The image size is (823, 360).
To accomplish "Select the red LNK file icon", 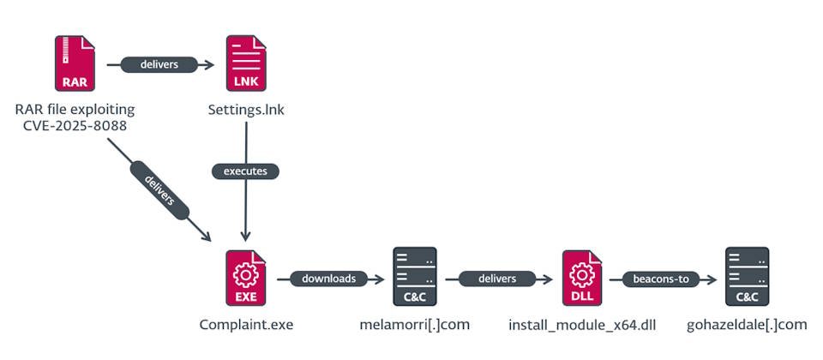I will pyautogui.click(x=246, y=64).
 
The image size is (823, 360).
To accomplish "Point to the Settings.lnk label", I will pyautogui.click(x=246, y=111).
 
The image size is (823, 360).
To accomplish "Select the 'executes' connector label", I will pyautogui.click(x=246, y=171).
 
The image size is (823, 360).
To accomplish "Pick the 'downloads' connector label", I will pyautogui.click(x=329, y=279).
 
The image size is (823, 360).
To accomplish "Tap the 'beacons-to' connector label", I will pyautogui.click(x=660, y=279).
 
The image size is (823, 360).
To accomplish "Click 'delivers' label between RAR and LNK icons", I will pyautogui.click(x=159, y=64).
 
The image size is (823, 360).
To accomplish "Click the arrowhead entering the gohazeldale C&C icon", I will pyautogui.click(x=713, y=279).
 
